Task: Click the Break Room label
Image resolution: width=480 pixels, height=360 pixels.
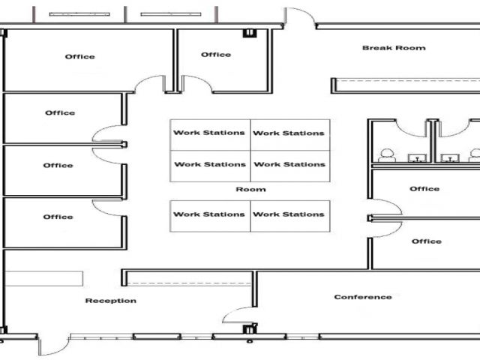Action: pyautogui.click(x=394, y=48)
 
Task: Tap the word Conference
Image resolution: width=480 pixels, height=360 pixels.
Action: pyautogui.click(x=363, y=297)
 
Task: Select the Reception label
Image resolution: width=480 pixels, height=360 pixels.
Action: pyautogui.click(x=111, y=301)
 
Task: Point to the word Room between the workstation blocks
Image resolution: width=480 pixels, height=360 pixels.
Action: pyautogui.click(x=250, y=190)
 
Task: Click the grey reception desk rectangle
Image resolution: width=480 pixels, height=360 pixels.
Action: pyautogui.click(x=45, y=278)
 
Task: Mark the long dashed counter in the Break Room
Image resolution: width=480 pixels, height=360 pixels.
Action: pyautogui.click(x=405, y=78)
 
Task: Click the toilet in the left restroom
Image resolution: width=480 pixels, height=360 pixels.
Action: pyautogui.click(x=387, y=156)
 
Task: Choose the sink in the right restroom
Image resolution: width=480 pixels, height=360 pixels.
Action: pyautogui.click(x=449, y=157)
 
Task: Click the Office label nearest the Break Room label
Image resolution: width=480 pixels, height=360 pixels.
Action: pyautogui.click(x=216, y=55)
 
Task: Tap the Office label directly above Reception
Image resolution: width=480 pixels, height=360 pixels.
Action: pyautogui.click(x=58, y=217)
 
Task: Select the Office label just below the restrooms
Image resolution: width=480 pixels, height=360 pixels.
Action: pyautogui.click(x=424, y=189)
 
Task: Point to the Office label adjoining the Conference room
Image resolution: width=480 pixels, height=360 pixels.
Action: pyautogui.click(x=427, y=241)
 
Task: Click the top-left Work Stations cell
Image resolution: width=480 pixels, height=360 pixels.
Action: pyautogui.click(x=209, y=133)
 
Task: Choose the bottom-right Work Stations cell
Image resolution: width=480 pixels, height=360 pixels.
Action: pyautogui.click(x=289, y=214)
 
